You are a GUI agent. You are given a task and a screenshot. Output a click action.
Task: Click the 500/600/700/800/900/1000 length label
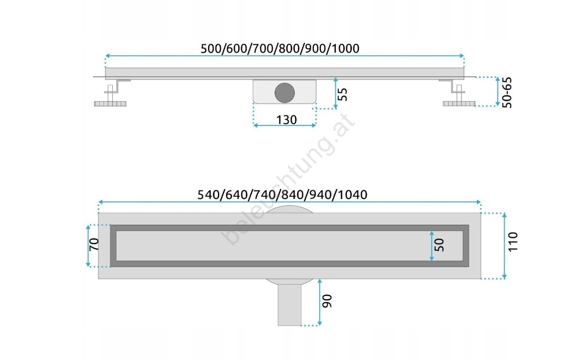tap(280, 48)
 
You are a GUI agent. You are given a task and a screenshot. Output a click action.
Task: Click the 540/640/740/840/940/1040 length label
tap(282, 195)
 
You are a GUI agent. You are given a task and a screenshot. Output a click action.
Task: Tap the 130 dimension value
tap(286, 120)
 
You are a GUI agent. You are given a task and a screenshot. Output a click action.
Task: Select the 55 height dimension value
tap(342, 94)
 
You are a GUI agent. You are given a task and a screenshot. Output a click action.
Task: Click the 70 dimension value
tap(94, 244)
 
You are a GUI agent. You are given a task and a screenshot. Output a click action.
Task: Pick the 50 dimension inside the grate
tap(439, 245)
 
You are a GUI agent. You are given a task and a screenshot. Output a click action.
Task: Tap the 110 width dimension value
tap(513, 242)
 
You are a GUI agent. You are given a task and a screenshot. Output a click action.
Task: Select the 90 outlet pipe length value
tap(327, 301)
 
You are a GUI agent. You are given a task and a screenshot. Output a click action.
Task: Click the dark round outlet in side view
tap(284, 92)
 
